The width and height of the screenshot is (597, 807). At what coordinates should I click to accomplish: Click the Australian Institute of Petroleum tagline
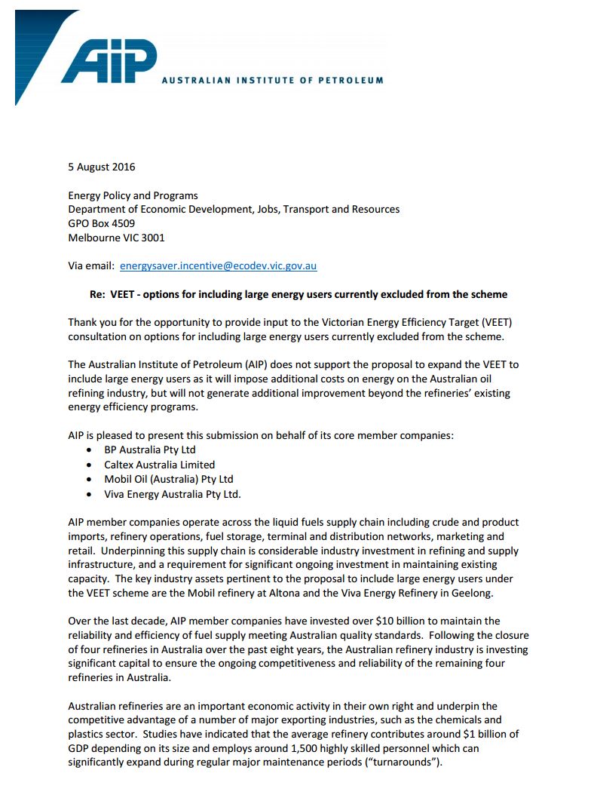pyautogui.click(x=272, y=80)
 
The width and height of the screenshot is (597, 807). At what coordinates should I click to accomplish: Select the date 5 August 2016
pyautogui.click(x=102, y=167)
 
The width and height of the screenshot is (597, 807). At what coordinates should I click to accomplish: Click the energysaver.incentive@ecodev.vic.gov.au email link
pyautogui.click(x=218, y=265)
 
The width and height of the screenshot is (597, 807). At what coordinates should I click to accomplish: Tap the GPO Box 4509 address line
pyautogui.click(x=102, y=223)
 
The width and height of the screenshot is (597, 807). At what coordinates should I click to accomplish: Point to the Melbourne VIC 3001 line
pyautogui.click(x=116, y=238)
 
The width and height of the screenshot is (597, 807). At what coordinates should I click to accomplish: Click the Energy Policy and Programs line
pyautogui.click(x=133, y=195)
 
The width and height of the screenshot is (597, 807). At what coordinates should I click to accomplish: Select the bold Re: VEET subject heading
pyautogui.click(x=298, y=294)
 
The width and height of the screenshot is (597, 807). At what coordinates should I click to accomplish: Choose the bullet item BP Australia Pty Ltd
pyautogui.click(x=150, y=450)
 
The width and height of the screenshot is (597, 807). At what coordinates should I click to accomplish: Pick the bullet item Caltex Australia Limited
pyautogui.click(x=159, y=465)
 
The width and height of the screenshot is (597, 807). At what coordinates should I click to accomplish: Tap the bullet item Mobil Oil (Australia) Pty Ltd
pyautogui.click(x=169, y=479)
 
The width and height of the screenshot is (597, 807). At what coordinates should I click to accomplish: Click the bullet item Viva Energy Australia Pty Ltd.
pyautogui.click(x=173, y=493)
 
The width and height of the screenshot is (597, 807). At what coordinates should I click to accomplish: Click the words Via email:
pyautogui.click(x=91, y=265)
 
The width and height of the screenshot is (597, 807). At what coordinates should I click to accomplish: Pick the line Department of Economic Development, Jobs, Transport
pyautogui.click(x=234, y=209)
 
